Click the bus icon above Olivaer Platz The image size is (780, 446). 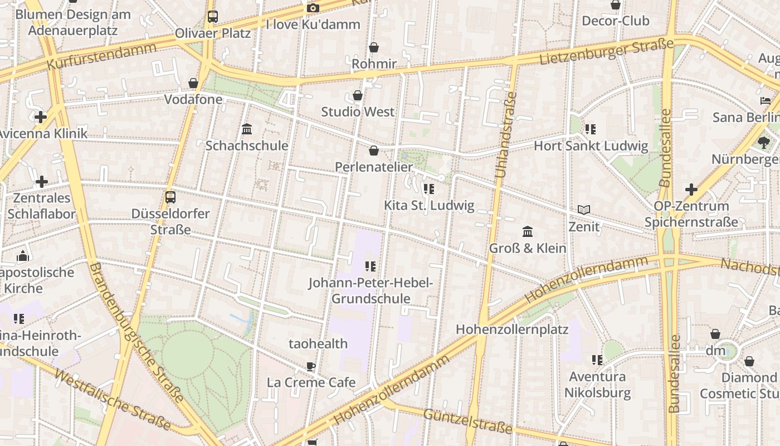tap(213, 17)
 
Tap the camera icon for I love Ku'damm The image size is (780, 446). tap(313, 8)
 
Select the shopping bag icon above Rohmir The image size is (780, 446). tap(374, 47)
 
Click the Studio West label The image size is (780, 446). tap(358, 111)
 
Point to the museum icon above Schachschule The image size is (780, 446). tap(247, 129)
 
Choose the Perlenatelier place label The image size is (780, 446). tap(374, 167)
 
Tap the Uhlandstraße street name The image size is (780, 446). tap(506, 135)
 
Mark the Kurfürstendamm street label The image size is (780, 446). tap(101, 56)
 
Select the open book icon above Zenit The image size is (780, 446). tap(584, 210)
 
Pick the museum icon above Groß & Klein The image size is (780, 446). tap(528, 231)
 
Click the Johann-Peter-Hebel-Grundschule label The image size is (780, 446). tap(370, 290)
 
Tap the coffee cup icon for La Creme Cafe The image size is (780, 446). tap(311, 366)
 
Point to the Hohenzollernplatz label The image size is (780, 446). tap(512, 329)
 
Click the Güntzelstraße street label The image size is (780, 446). tap(467, 421)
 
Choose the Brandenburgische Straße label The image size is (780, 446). tap(136, 332)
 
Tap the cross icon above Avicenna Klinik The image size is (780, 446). tap(41, 117)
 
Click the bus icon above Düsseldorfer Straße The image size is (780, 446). tap(170, 197)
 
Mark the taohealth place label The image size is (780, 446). tap(318, 343)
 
